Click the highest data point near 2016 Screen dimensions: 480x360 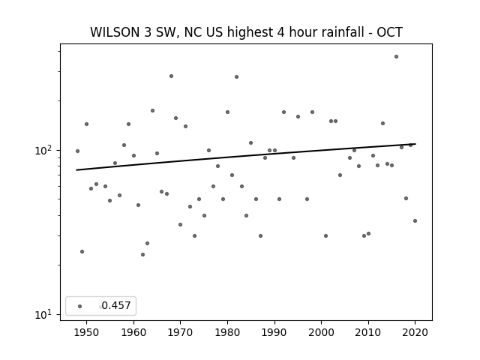click(x=396, y=57)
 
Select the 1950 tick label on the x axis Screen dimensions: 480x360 click(x=87, y=332)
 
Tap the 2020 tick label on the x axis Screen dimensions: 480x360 click(x=415, y=332)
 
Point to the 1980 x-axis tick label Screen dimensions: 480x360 click(x=227, y=332)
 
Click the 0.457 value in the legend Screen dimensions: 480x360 click(x=116, y=305)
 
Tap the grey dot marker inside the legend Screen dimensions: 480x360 click(x=80, y=306)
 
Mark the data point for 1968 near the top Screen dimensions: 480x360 click(x=171, y=76)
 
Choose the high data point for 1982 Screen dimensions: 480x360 click(x=237, y=76)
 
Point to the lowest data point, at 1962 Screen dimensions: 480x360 click(x=142, y=255)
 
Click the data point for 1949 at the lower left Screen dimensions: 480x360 click(x=82, y=252)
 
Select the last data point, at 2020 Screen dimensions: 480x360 click(x=415, y=220)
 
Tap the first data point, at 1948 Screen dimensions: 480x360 click(x=77, y=151)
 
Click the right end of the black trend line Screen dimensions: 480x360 click(x=415, y=144)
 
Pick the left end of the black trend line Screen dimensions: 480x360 click(x=76, y=170)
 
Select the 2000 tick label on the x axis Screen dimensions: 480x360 click(x=321, y=332)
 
